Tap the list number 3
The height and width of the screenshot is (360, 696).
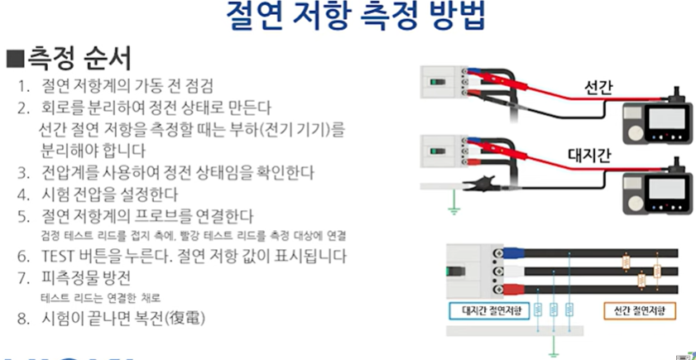click(x=26, y=173)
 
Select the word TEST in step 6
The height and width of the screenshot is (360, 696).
click(x=59, y=256)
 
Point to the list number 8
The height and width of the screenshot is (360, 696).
click(x=26, y=319)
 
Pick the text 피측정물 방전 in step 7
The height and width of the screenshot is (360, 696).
click(x=84, y=277)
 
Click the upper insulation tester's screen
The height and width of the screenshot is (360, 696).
click(x=660, y=122)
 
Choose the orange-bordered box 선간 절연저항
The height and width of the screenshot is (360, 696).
click(x=636, y=311)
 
